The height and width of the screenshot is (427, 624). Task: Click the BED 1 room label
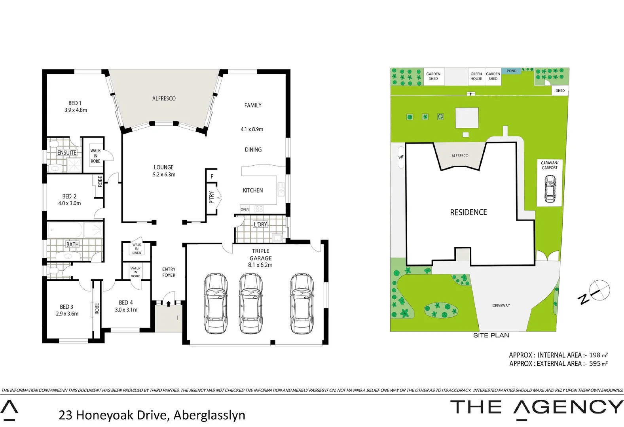coord(75,103)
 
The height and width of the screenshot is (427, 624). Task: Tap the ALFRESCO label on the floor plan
coord(164,98)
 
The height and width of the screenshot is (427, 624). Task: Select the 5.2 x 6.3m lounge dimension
coord(164,175)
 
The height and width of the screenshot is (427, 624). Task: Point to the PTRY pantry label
coord(211,197)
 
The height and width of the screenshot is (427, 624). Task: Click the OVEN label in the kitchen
coord(245,210)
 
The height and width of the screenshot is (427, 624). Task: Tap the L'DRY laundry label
coord(260,224)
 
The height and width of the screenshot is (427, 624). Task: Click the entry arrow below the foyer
coord(169,304)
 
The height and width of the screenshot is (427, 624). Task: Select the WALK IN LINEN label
coord(137,249)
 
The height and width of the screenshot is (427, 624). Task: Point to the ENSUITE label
coord(66,153)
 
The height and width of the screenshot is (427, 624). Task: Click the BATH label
coord(72,244)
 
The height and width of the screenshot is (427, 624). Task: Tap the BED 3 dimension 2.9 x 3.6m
coord(67,314)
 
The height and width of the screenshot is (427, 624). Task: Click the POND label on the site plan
coord(512,71)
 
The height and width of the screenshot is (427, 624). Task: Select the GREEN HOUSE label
coord(476,76)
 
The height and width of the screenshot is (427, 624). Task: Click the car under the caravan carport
coord(550,189)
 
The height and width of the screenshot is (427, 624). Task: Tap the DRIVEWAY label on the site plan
coord(501,305)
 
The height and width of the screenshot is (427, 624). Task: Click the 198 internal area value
coord(595,355)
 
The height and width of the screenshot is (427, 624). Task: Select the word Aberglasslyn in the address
coord(209,415)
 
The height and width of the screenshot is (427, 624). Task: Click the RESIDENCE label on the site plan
coord(468,212)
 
